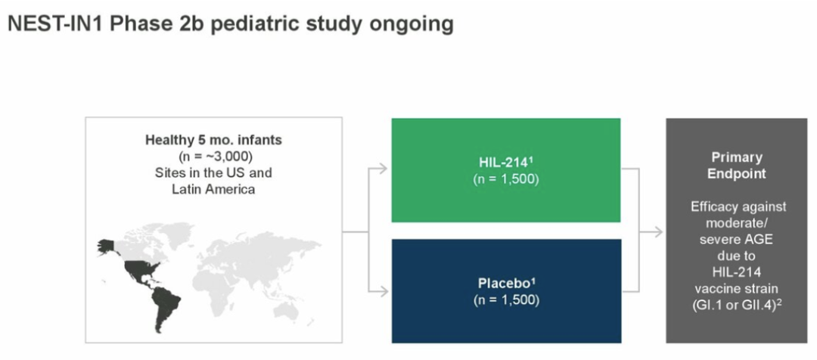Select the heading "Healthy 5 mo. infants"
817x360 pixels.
(213, 140)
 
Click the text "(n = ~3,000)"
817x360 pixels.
(213, 157)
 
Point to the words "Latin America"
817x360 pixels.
(213, 189)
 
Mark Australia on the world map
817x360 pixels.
(287, 311)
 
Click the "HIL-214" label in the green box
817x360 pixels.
(505, 163)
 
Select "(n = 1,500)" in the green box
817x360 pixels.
(506, 178)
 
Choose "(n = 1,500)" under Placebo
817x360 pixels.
(506, 300)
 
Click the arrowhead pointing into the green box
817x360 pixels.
(384, 169)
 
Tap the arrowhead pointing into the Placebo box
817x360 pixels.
(384, 292)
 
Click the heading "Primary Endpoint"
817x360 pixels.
(737, 166)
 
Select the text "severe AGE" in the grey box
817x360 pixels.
(736, 240)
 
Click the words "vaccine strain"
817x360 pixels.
(736, 289)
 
